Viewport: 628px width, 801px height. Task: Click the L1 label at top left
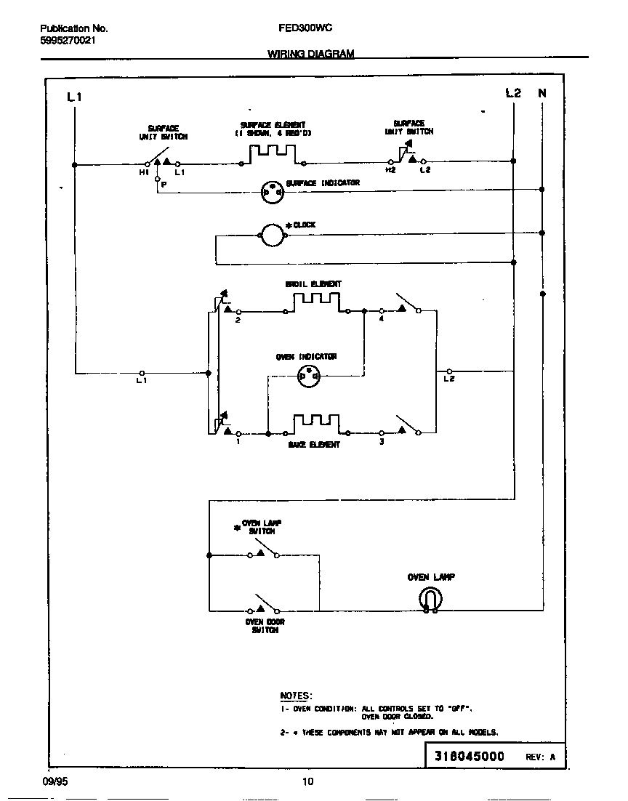click(74, 97)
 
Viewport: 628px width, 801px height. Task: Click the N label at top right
click(542, 93)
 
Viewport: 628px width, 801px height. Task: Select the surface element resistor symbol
click(273, 154)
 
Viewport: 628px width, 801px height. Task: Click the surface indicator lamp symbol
click(271, 191)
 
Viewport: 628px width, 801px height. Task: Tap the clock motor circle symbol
click(271, 234)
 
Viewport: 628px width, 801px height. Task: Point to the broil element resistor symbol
click(316, 302)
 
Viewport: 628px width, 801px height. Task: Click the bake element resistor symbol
click(316, 424)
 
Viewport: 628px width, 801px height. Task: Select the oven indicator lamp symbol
click(310, 375)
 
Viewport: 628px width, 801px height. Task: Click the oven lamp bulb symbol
click(430, 599)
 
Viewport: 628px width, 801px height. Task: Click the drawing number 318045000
click(469, 756)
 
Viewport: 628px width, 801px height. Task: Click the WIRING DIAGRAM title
click(311, 54)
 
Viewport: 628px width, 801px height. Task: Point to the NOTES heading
click(296, 696)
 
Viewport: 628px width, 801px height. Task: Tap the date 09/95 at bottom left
click(55, 781)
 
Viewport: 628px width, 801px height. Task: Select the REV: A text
click(540, 757)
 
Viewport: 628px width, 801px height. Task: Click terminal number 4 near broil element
click(381, 318)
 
